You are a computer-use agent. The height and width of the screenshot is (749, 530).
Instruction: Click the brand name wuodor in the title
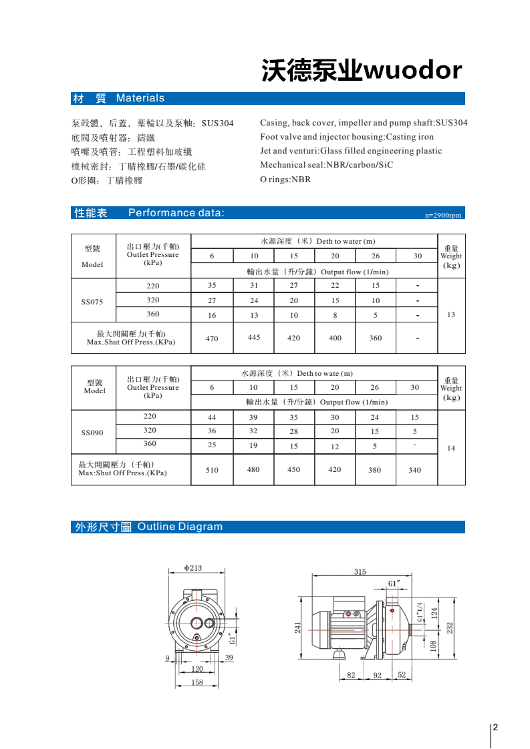412,71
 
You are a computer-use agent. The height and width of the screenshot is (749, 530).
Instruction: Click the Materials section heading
140,98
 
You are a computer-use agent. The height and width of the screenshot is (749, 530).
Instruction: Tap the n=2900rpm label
443,216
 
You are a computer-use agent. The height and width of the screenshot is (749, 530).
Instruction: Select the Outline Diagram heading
180,527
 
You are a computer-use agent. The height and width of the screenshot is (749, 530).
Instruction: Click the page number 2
496,728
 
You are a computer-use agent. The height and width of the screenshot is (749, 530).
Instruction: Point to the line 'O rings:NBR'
285,180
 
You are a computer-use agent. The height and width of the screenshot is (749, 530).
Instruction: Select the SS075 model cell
92,301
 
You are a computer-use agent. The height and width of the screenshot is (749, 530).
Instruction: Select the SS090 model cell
92,433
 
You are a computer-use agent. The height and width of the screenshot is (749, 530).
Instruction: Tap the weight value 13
451,314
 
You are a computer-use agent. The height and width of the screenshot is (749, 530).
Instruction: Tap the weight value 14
451,448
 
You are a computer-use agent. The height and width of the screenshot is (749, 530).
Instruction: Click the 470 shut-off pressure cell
212,338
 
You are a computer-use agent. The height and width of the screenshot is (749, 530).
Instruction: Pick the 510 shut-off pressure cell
212,470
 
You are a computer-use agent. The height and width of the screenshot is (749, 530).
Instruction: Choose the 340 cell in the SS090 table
414,470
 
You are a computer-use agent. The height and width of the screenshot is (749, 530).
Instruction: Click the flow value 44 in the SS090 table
212,417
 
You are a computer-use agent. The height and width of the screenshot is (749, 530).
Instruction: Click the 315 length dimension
360,571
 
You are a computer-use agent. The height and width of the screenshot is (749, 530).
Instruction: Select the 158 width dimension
197,682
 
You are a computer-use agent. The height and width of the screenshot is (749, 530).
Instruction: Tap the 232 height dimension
450,628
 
